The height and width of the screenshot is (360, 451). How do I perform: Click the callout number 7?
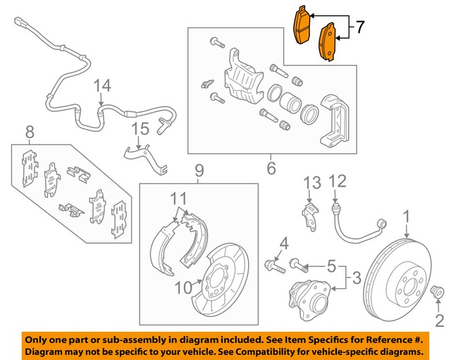tap(359, 27)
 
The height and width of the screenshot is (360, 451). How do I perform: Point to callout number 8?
tap(30, 131)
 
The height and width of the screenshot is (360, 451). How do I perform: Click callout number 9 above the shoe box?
tap(199, 170)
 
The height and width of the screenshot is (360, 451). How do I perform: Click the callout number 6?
tap(270, 168)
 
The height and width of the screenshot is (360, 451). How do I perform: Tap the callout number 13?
tap(312, 184)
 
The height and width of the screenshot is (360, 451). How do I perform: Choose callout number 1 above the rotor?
tap(406, 215)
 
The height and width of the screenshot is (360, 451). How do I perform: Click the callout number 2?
tap(439, 323)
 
